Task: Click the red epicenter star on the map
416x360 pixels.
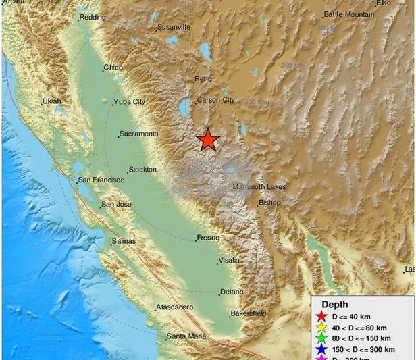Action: (208, 140)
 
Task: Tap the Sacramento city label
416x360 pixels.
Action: (138, 134)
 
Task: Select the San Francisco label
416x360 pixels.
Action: (101, 180)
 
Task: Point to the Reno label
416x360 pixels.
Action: (203, 79)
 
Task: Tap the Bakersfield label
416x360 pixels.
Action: (248, 313)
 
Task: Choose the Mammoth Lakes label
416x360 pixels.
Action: (259, 186)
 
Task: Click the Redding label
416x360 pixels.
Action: (93, 18)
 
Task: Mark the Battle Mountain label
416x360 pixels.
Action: (349, 14)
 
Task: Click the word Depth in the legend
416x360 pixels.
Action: (335, 305)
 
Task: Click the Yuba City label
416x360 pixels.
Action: (130, 102)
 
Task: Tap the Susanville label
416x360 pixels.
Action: (174, 27)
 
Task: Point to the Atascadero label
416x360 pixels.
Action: (175, 307)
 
